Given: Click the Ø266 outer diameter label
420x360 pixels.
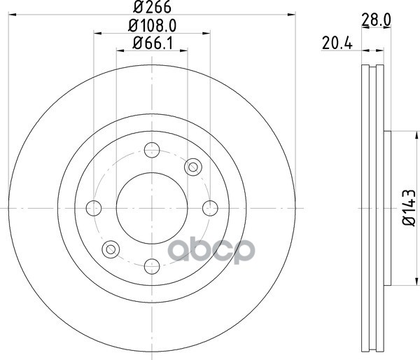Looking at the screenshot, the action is pos(152,7).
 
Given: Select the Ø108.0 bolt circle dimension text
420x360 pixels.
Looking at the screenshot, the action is pos(152,26).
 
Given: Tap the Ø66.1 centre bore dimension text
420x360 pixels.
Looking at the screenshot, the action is pos(153,43).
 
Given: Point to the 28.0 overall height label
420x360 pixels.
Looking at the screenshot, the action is pos(376,20).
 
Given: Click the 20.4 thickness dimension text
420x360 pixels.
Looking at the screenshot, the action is pos(337,43).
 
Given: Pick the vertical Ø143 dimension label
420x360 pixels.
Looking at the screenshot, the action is pos(409,208).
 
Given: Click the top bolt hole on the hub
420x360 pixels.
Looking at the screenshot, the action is pos(152,150).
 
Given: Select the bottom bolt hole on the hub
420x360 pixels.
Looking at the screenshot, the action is pos(152,266).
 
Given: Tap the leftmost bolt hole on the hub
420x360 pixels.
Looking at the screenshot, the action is pos(94,208).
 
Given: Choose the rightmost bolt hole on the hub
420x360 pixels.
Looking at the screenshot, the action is pos(210,208).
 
